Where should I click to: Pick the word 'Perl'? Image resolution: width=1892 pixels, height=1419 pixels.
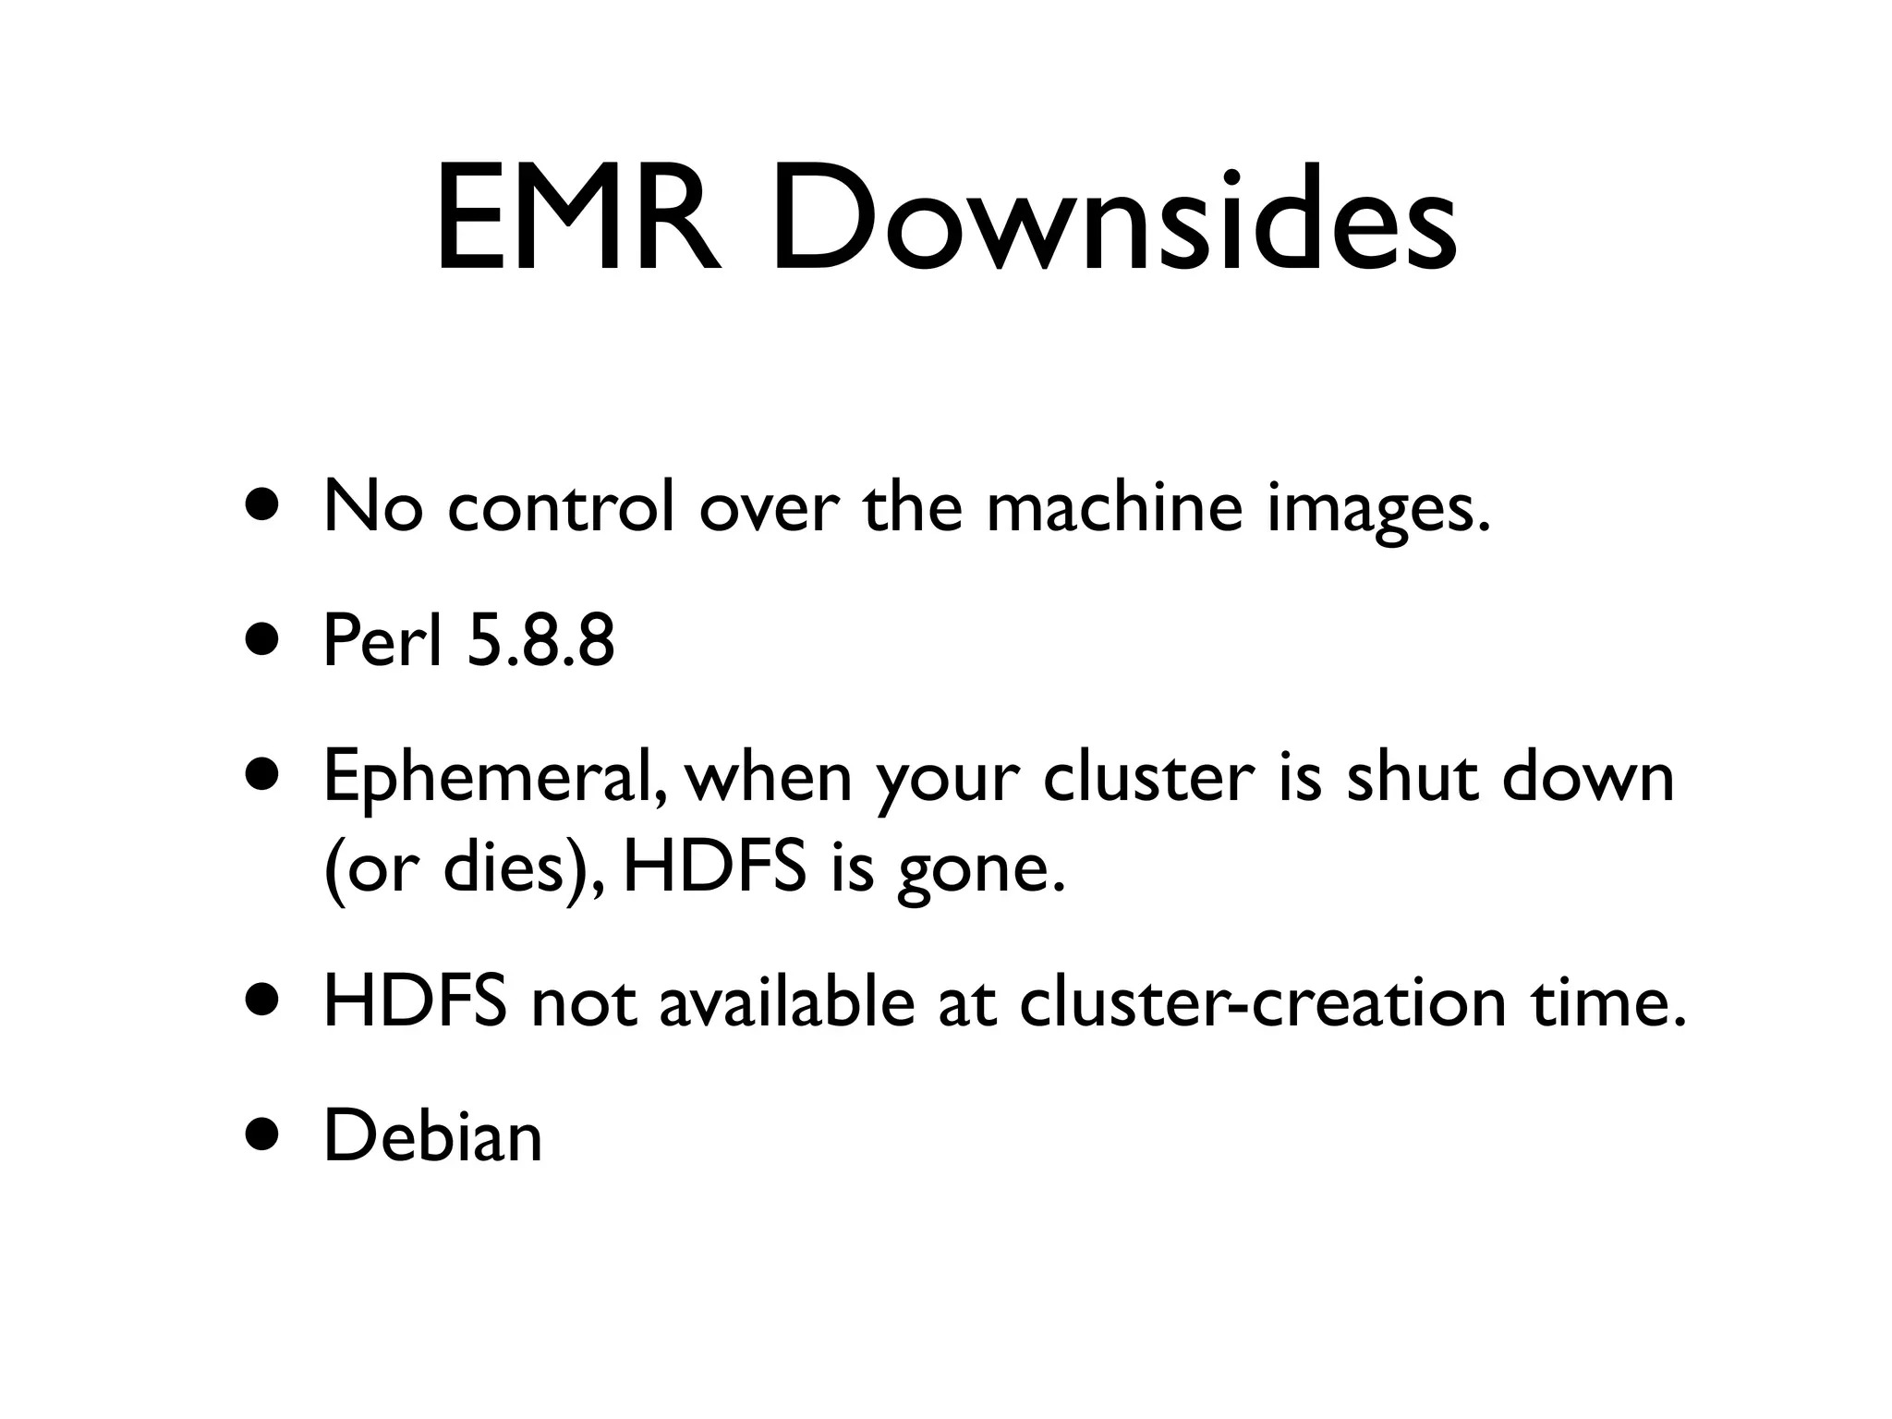pyautogui.click(x=382, y=641)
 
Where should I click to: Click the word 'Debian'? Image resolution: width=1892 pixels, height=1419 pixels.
pyautogui.click(x=433, y=1137)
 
